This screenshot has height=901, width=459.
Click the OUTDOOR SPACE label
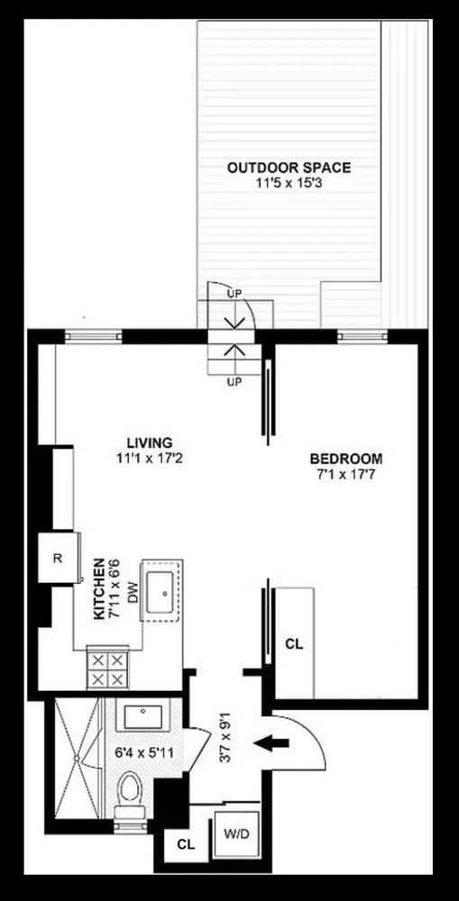(x=289, y=168)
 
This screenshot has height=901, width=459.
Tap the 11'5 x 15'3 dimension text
(x=289, y=183)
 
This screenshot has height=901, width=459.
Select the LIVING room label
(x=149, y=442)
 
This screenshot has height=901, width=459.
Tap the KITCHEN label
(x=100, y=587)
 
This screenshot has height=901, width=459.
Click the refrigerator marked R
(x=57, y=558)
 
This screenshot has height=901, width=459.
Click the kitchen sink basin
(x=164, y=591)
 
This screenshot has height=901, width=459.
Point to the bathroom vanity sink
(x=145, y=717)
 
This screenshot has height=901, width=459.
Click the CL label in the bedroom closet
(x=294, y=644)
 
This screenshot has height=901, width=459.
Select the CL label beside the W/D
(x=186, y=844)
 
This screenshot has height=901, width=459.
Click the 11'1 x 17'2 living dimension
(x=149, y=458)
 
